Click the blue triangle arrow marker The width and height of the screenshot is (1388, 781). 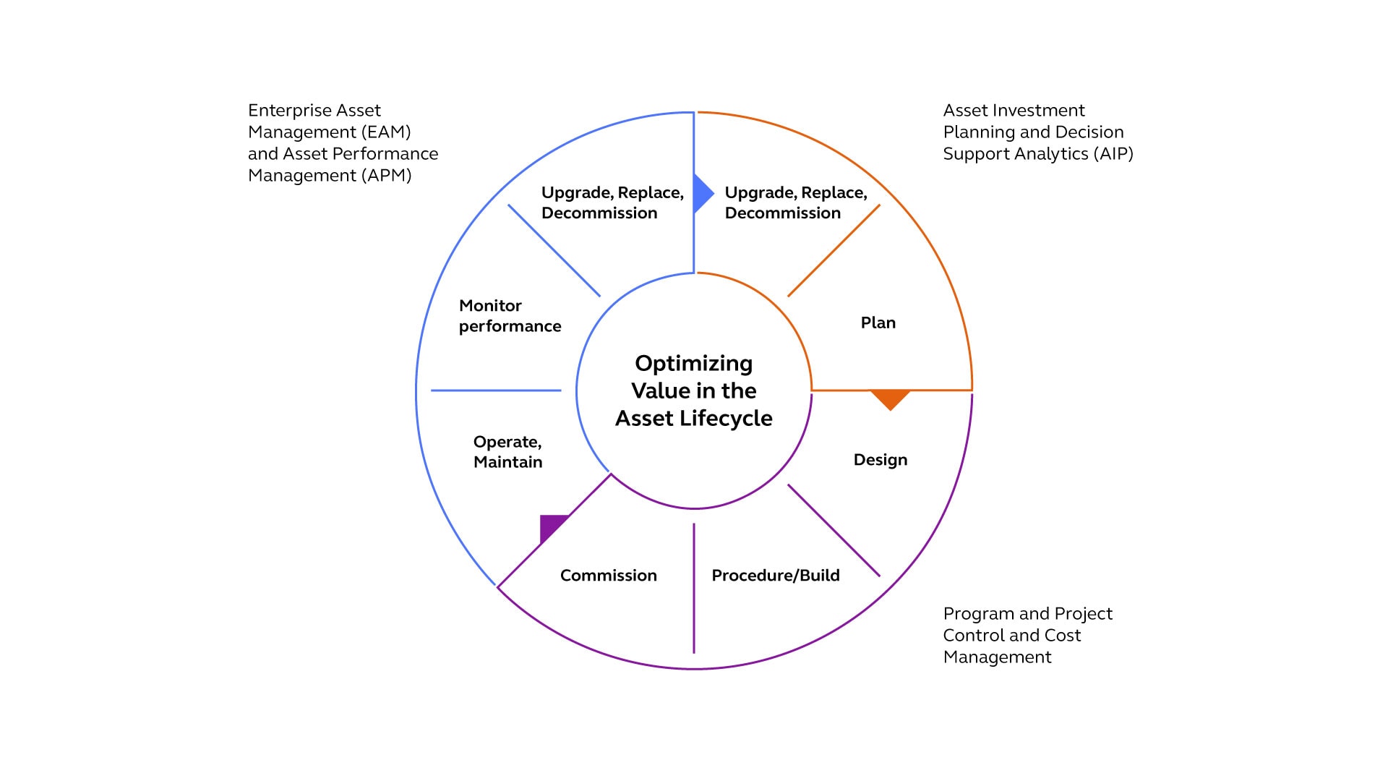click(x=701, y=193)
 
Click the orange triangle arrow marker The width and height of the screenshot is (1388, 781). click(x=890, y=398)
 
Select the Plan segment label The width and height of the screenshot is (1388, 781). click(x=878, y=323)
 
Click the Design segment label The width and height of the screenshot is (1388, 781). click(x=880, y=460)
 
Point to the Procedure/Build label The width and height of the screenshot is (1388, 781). click(x=775, y=576)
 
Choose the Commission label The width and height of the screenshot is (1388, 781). click(x=608, y=576)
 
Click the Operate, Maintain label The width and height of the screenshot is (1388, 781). click(x=507, y=452)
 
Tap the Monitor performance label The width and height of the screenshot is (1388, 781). click(x=510, y=316)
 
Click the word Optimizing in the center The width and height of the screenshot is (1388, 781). click(x=693, y=363)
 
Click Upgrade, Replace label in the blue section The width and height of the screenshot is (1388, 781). click(x=612, y=193)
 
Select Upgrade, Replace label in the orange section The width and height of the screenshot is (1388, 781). click(x=795, y=193)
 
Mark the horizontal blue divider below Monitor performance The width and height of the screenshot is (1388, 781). click(x=496, y=390)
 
